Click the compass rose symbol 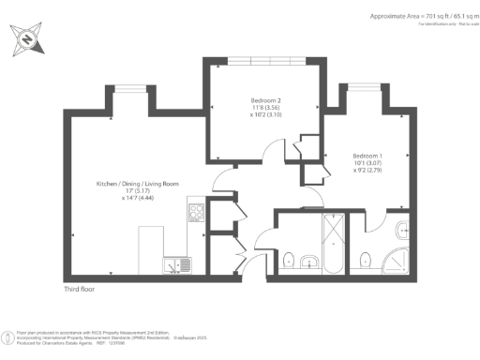click(x=27, y=38)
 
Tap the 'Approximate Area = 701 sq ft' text click(x=413, y=16)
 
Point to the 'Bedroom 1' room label click(x=367, y=155)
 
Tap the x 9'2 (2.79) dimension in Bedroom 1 click(x=367, y=171)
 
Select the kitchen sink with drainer click(x=176, y=266)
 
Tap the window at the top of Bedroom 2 click(x=265, y=61)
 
